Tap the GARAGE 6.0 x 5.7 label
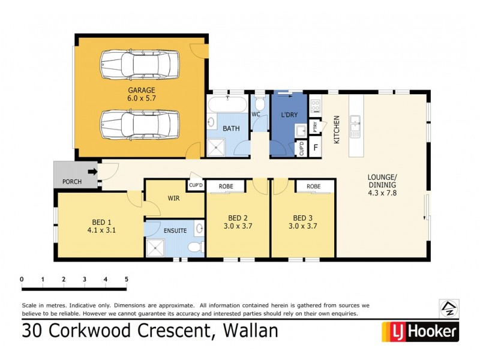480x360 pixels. point(141,94)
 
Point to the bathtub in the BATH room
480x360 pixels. point(227,105)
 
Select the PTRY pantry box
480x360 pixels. point(315,127)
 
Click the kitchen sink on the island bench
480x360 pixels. point(355,125)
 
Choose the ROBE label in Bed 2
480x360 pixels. point(226,186)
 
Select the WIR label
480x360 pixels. point(173,197)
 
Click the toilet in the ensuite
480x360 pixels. point(193,247)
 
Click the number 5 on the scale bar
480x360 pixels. point(126,279)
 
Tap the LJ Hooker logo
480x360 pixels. point(420,331)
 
